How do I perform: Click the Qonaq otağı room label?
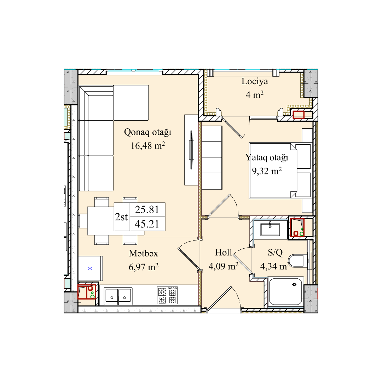pyautogui.click(x=147, y=133)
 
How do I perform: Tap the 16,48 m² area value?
pyautogui.click(x=147, y=146)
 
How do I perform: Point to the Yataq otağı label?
pyautogui.click(x=267, y=158)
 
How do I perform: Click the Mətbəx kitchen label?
pyautogui.click(x=144, y=253)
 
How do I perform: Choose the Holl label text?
pyautogui.click(x=224, y=253)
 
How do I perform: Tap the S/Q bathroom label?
pyautogui.click(x=275, y=253)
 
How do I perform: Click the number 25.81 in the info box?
pyautogui.click(x=147, y=209)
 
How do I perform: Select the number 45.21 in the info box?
pyautogui.click(x=147, y=224)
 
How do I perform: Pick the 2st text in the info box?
pyautogui.click(x=121, y=217)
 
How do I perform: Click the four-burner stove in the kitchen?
pyautogui.click(x=167, y=295)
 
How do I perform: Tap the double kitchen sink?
pyautogui.click(x=118, y=296)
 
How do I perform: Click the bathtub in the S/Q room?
pyautogui.click(x=285, y=291)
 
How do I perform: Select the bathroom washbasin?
pyautogui.click(x=270, y=229)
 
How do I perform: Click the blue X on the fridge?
pyautogui.click(x=90, y=268)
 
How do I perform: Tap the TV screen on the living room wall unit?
pyautogui.click(x=191, y=150)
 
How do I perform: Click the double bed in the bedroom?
pyautogui.click(x=280, y=170)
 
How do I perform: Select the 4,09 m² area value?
pyautogui.click(x=224, y=266)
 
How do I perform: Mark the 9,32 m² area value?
pyautogui.click(x=267, y=171)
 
